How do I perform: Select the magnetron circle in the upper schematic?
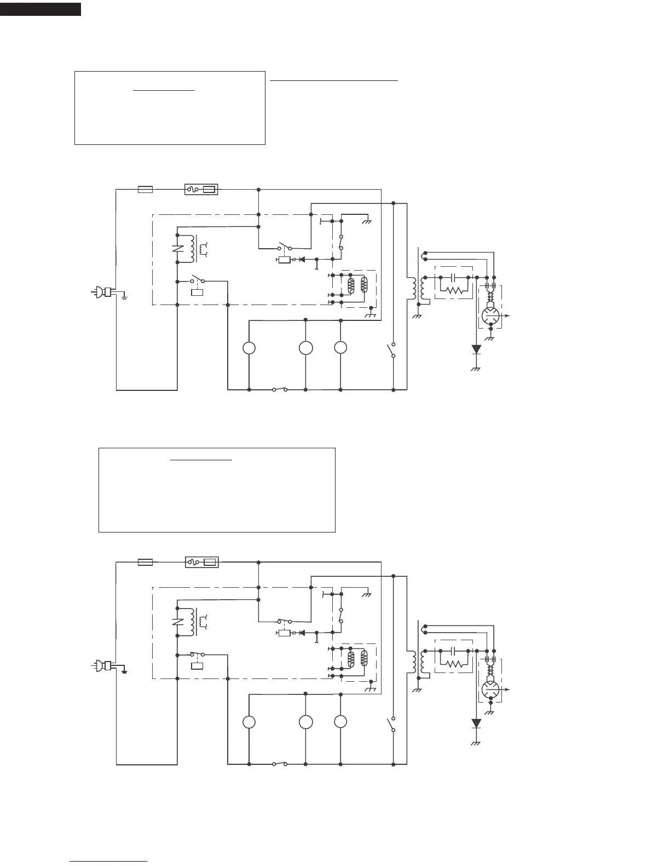pyautogui.click(x=490, y=315)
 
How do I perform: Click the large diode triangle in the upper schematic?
pyautogui.click(x=476, y=349)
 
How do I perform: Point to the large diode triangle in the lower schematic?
pyautogui.click(x=476, y=723)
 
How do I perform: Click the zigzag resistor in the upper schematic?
pyautogui.click(x=454, y=290)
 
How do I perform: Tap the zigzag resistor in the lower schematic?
pyautogui.click(x=454, y=664)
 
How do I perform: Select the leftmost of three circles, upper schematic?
pyautogui.click(x=249, y=348)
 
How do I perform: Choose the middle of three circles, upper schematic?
pyautogui.click(x=305, y=348)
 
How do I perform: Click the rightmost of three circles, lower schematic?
pyautogui.click(x=340, y=722)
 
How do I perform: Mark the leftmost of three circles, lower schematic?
pyautogui.click(x=249, y=722)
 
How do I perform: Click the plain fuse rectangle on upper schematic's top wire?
pyautogui.click(x=145, y=190)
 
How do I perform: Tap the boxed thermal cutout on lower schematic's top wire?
pyautogui.click(x=201, y=562)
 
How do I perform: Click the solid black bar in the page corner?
pyautogui.click(x=41, y=9)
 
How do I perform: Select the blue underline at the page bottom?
pyautogui.click(x=108, y=861)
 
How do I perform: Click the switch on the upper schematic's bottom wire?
pyautogui.click(x=280, y=390)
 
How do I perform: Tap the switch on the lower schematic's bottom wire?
pyautogui.click(x=280, y=764)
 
